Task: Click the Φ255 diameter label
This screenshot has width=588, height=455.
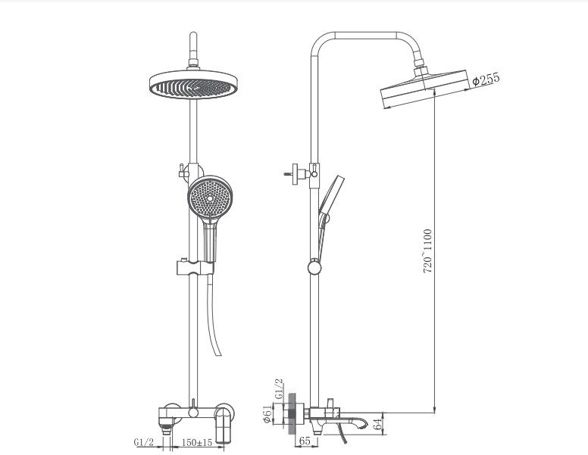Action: (486, 79)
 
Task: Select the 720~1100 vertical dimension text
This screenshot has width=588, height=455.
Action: (428, 251)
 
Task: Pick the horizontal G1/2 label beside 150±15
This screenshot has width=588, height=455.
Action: (143, 442)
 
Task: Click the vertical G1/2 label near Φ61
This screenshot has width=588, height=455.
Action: (278, 389)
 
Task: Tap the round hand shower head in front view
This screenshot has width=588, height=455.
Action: (208, 196)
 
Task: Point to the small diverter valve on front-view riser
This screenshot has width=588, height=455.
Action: (182, 170)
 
